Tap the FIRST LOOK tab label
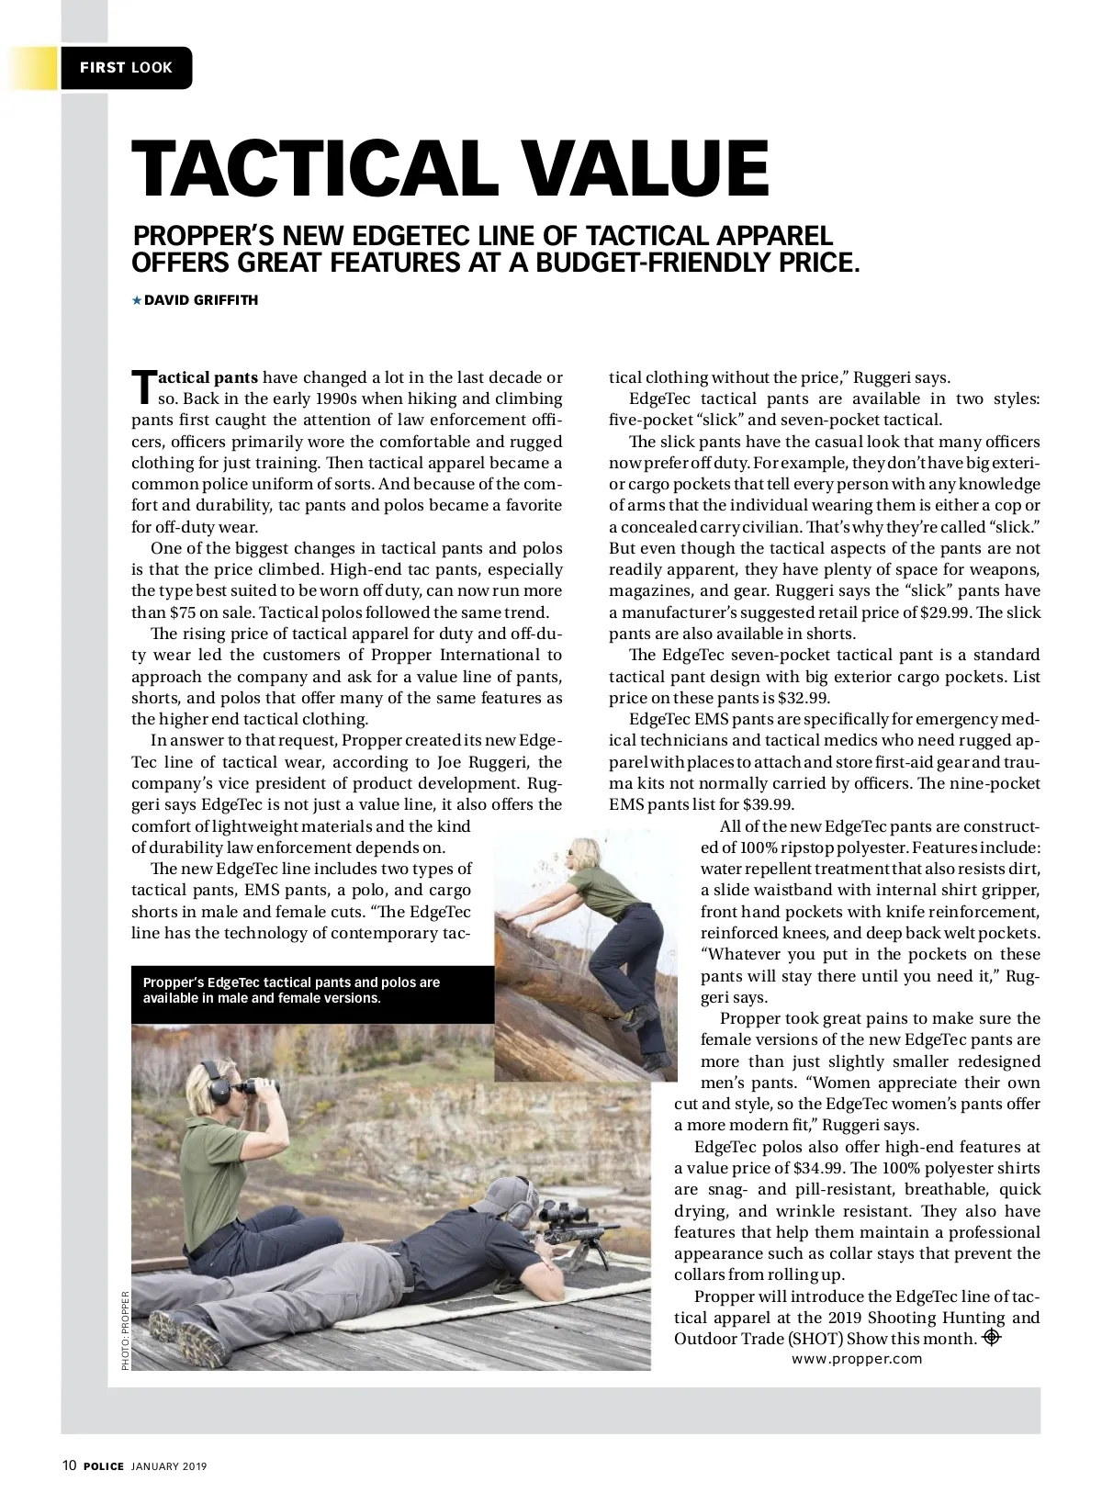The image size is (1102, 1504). [x=126, y=68]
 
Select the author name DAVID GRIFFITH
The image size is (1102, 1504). [x=201, y=300]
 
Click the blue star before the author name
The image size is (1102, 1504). [x=137, y=300]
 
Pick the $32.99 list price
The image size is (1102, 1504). [x=803, y=698]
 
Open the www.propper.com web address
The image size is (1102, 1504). [x=857, y=1359]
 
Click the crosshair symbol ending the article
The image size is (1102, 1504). [x=991, y=1337]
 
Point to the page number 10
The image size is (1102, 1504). [x=69, y=1466]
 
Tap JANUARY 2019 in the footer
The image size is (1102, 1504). [x=169, y=1466]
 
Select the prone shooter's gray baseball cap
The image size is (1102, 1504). [x=505, y=1193]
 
